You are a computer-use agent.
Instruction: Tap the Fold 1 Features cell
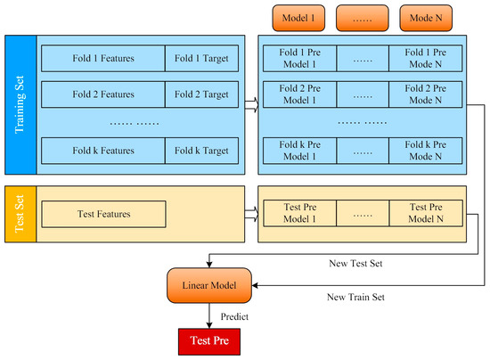pyautogui.click(x=103, y=60)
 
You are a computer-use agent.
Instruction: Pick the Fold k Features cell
pyautogui.click(x=103, y=151)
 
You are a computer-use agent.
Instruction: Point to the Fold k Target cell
pyautogui.click(x=201, y=151)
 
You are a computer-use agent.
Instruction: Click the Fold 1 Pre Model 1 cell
pyautogui.click(x=298, y=60)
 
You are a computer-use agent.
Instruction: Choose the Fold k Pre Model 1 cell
pyautogui.click(x=298, y=151)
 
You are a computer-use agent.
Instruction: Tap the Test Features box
pyautogui.click(x=103, y=214)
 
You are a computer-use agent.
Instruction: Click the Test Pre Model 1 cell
pyautogui.click(x=298, y=214)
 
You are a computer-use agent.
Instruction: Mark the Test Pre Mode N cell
pyautogui.click(x=426, y=214)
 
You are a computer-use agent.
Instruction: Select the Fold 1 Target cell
pyautogui.click(x=201, y=60)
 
